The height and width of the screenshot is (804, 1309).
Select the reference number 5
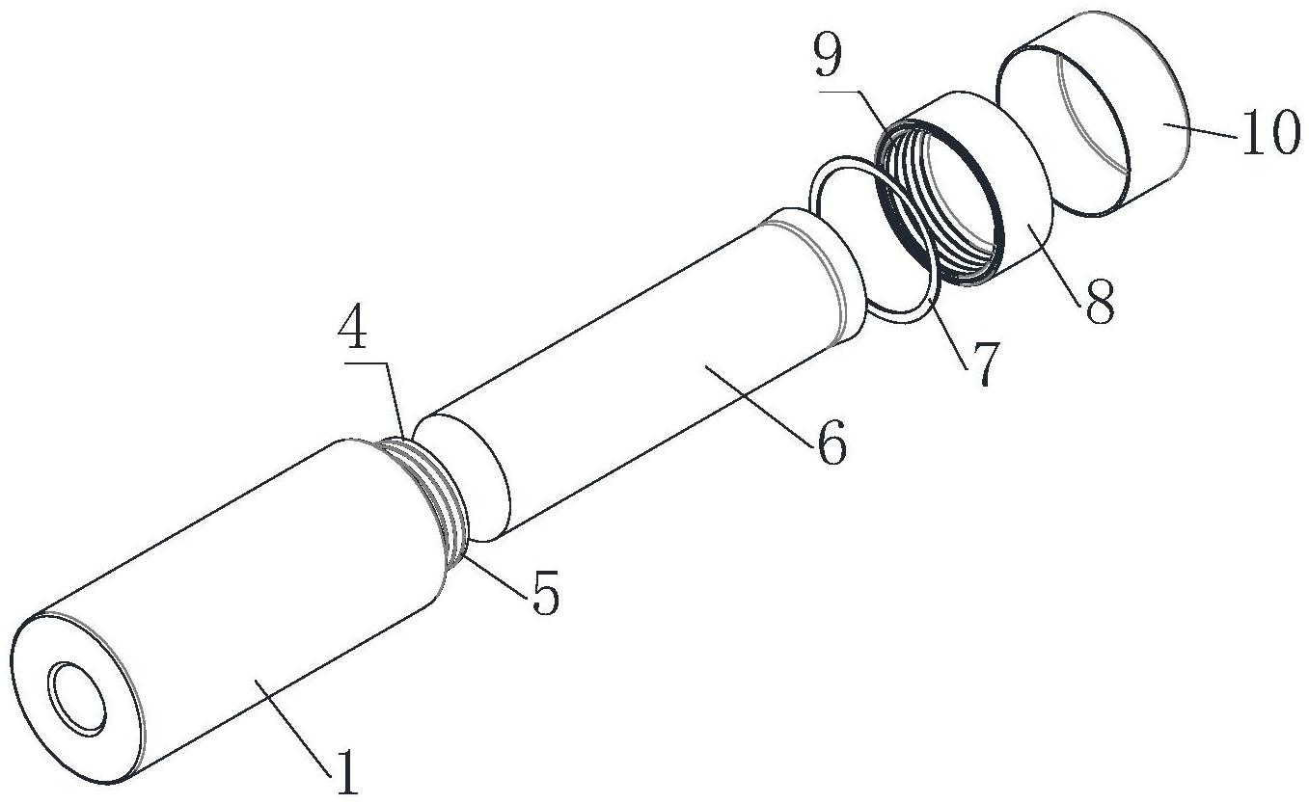click(x=545, y=592)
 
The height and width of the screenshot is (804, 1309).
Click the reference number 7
click(x=983, y=363)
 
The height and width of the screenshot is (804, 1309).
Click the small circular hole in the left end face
click(x=79, y=698)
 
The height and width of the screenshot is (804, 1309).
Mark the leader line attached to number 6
click(x=758, y=406)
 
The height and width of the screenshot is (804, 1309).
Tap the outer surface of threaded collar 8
click(x=1005, y=175)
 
